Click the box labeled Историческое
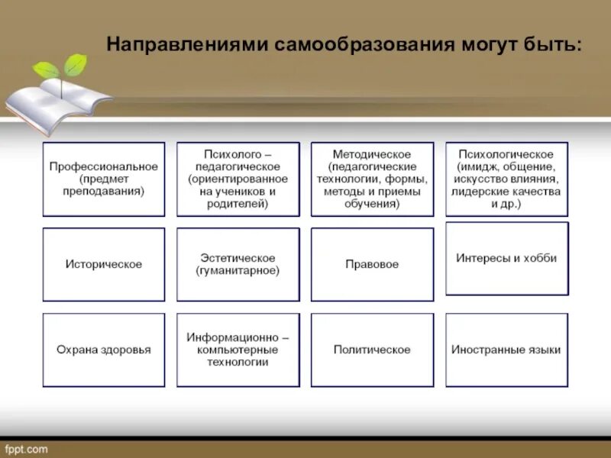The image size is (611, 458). tap(103, 264)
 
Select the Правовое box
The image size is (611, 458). tap(372, 264)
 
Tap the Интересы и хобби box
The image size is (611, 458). tap(506, 258)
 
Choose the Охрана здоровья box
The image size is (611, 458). tap(103, 350)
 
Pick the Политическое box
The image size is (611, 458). tap(372, 350)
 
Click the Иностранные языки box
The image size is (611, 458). tap(506, 350)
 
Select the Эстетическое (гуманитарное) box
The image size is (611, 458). tap(238, 264)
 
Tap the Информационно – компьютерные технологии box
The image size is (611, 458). tap(238, 350)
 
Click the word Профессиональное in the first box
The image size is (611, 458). tap(103, 166)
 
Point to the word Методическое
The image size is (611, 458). tap(372, 153)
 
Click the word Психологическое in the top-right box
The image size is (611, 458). tap(506, 153)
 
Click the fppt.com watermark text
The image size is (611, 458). tap(25, 449)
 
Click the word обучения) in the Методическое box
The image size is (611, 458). tap(372, 204)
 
